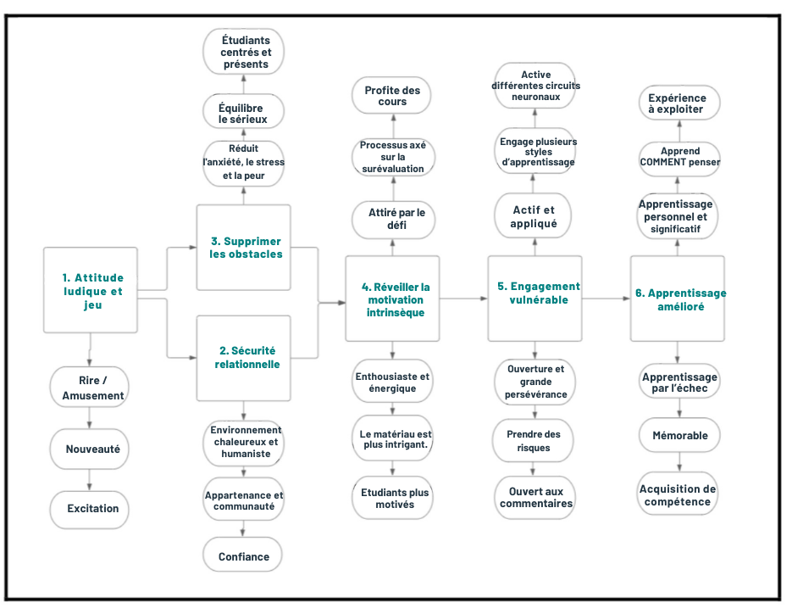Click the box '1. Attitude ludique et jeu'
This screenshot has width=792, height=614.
pos(91,291)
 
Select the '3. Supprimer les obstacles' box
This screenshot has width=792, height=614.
pos(244,248)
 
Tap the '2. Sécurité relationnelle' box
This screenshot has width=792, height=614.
pos(244,357)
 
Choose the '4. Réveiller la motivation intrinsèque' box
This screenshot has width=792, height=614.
pos(392,299)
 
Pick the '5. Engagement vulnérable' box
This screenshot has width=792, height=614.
pos(535,293)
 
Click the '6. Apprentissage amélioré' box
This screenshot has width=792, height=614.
pos(678,299)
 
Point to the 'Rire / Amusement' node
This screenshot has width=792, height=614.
pos(91,388)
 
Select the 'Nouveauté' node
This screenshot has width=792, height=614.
pos(91,449)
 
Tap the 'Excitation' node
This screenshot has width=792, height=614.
pos(91,509)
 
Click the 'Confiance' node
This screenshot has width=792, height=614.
pos(244,556)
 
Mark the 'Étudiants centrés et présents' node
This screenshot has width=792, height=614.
pos(244,52)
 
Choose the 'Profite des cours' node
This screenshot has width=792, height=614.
pos(392,96)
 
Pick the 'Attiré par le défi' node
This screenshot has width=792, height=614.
pos(392,219)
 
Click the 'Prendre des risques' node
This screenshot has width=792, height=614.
pos(534,440)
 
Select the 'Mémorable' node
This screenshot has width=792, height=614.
pos(679,435)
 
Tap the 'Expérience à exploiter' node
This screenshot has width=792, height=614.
pos(678,103)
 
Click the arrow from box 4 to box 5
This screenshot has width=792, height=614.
pos(464,299)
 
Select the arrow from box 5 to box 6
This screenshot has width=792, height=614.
pos(606,299)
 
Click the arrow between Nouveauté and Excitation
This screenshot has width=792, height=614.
pos(91,479)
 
